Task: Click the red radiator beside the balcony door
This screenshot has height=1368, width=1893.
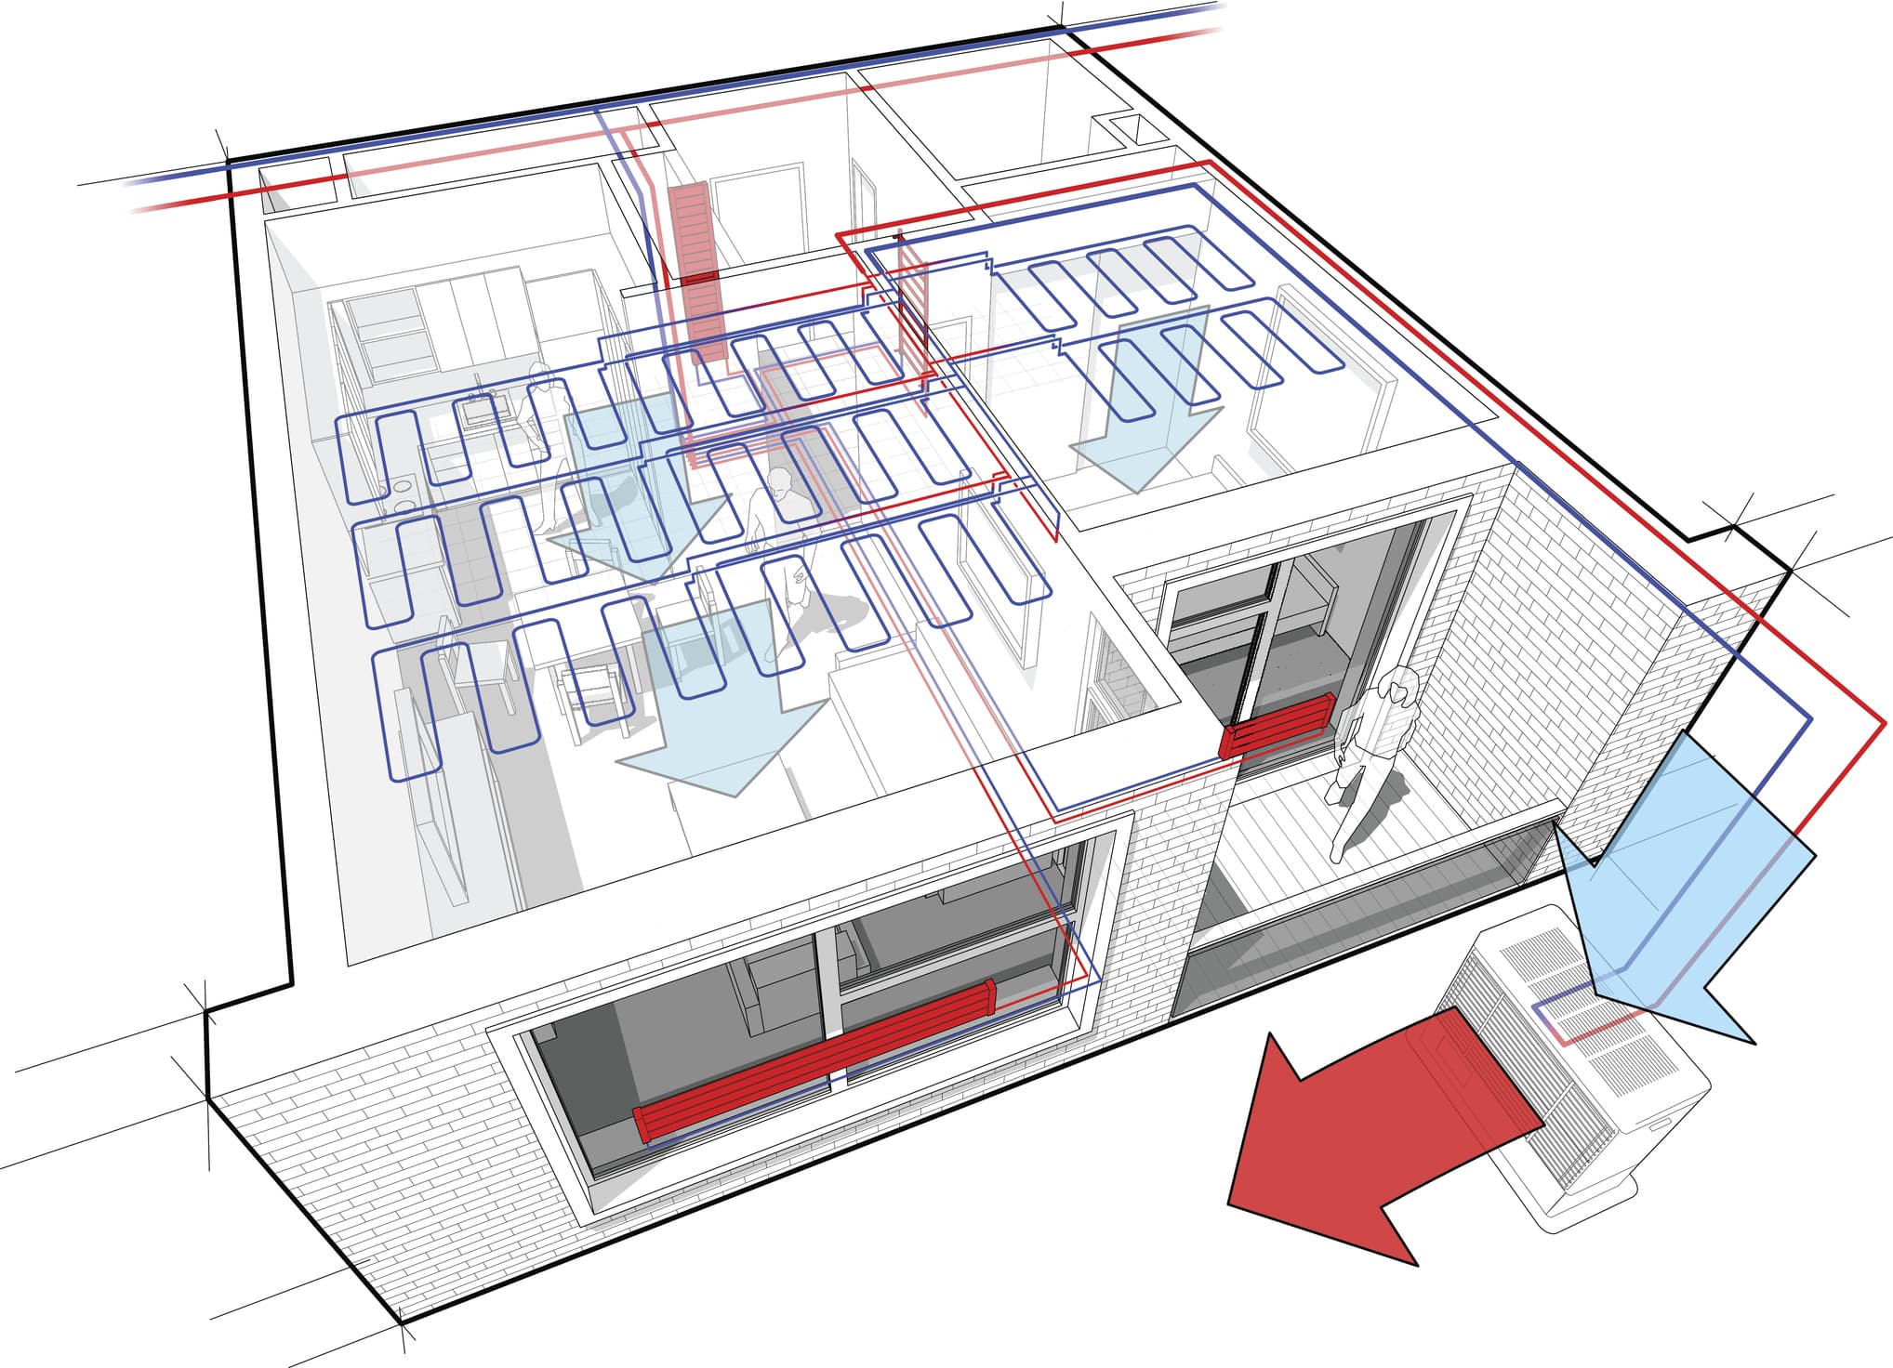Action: pos(1279,725)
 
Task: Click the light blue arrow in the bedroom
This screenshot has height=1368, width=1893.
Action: pos(1144,400)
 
